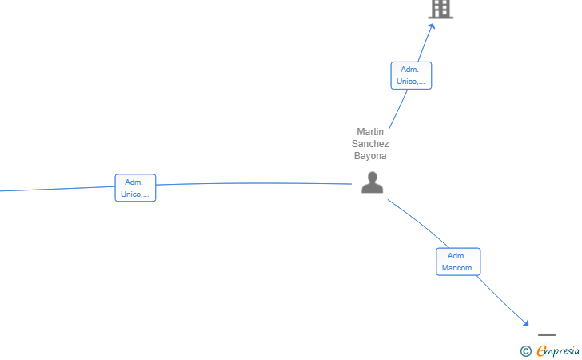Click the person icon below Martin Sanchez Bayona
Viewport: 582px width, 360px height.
pyautogui.click(x=373, y=182)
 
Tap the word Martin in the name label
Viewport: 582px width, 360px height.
pyautogui.click(x=370, y=132)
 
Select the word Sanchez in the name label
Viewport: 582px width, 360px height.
pyautogui.click(x=370, y=144)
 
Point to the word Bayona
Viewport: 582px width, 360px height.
pyautogui.click(x=370, y=156)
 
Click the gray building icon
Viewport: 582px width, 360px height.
pyautogui.click(x=441, y=9)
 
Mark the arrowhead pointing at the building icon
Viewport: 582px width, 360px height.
pyautogui.click(x=432, y=26)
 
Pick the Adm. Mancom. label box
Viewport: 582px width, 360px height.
pyautogui.click(x=458, y=262)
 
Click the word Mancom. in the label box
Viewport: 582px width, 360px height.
pyautogui.click(x=457, y=268)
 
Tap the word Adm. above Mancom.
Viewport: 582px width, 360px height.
pyautogui.click(x=456, y=256)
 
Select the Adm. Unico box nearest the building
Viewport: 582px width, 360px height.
pyautogui.click(x=411, y=75)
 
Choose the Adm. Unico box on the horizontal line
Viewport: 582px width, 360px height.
pyautogui.click(x=135, y=188)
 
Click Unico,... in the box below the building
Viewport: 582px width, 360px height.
pyautogui.click(x=411, y=82)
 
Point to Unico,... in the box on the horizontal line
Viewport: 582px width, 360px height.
pyautogui.click(x=135, y=194)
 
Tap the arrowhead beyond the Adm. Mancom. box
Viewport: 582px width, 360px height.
pyautogui.click(x=524, y=323)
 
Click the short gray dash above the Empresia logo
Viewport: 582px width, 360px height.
pyautogui.click(x=547, y=334)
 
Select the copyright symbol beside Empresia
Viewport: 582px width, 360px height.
pyautogui.click(x=526, y=351)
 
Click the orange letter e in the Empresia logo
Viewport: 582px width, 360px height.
pyautogui.click(x=541, y=350)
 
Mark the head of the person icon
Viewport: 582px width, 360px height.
pyautogui.click(x=373, y=177)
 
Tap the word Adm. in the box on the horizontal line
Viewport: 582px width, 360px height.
pyautogui.click(x=134, y=182)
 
